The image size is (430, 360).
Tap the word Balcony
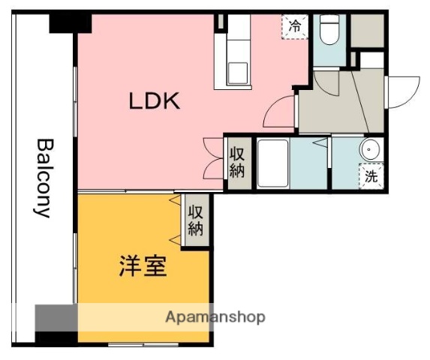44,177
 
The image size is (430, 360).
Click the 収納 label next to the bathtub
237,162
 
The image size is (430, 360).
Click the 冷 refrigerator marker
296,26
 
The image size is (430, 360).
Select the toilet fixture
329,31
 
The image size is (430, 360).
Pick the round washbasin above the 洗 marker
371,150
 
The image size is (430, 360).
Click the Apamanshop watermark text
215,317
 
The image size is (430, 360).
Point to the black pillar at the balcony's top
70,22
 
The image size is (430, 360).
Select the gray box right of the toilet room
367,30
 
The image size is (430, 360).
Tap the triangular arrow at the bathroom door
320,141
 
